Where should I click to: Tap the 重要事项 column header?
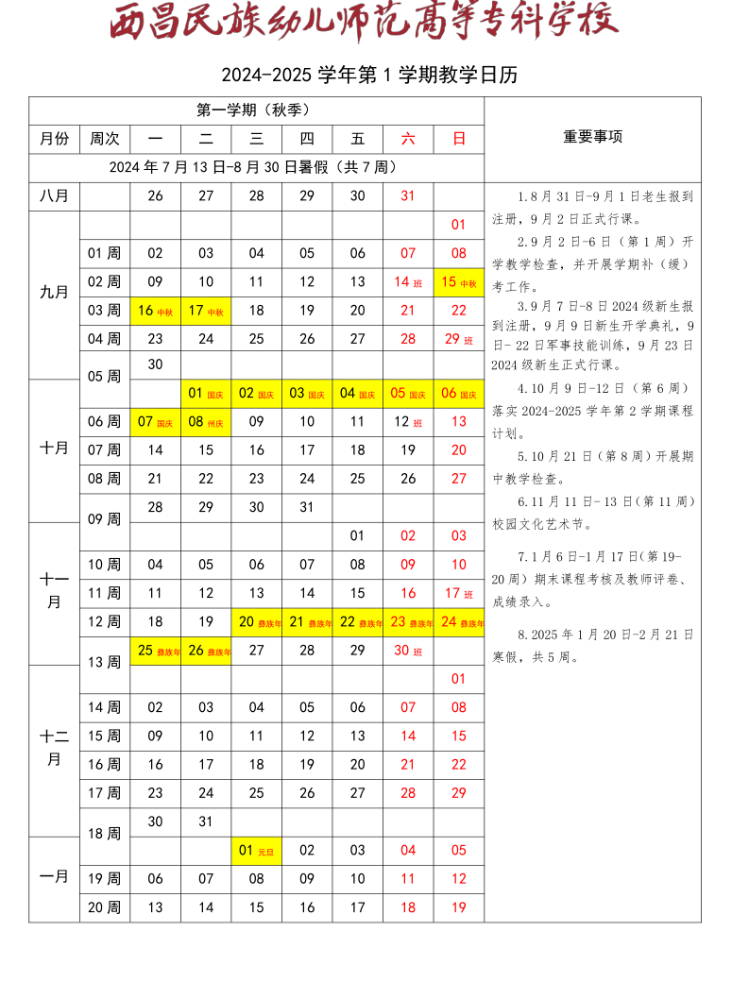(592, 137)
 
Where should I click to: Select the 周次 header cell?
(105, 139)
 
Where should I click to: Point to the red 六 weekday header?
(408, 139)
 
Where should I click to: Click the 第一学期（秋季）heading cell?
(256, 110)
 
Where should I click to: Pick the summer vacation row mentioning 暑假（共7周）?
(256, 167)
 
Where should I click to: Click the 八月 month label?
(54, 195)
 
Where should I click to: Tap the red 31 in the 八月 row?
(408, 195)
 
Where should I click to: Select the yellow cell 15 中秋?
(459, 281)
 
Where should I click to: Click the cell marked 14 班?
(408, 281)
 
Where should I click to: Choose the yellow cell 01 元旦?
(256, 850)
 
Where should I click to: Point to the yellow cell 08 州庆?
(206, 421)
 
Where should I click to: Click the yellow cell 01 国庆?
(206, 393)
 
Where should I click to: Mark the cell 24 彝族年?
(459, 621)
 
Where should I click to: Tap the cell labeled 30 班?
(408, 650)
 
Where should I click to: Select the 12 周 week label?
(105, 621)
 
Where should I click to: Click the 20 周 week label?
(105, 907)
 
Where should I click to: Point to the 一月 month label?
(54, 876)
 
